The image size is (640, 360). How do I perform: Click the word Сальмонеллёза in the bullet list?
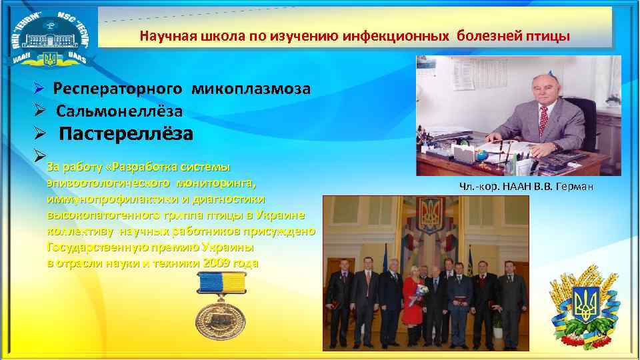119,111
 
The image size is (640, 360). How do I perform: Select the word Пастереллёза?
127,134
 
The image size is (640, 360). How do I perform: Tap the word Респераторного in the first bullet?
118,89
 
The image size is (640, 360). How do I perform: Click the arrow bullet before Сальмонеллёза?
39,111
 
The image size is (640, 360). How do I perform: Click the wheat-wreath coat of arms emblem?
587,307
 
